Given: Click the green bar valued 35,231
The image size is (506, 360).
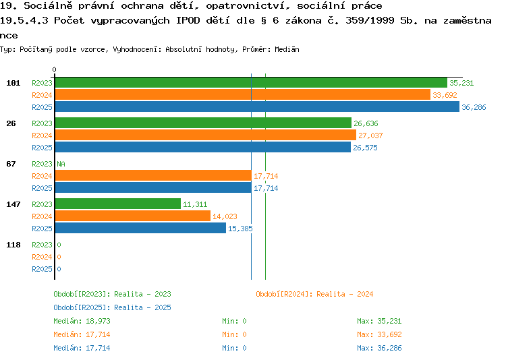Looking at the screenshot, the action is [251, 83].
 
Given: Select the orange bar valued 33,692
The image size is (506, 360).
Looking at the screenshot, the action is [243, 95].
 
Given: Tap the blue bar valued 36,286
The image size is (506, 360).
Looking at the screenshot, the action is [257, 107].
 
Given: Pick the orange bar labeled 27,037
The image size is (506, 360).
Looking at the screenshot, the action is [206, 135].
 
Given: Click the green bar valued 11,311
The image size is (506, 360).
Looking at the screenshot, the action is [118, 204].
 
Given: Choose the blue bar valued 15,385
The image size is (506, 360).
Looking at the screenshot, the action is [141, 228].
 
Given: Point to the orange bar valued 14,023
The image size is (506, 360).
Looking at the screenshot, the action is [133, 216].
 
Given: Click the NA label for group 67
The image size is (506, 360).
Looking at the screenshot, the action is [61, 164].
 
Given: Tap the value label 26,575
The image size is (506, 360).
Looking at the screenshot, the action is [365, 148].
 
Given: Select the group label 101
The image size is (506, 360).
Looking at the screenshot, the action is [13, 83].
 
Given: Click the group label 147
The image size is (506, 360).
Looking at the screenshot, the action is [13, 204].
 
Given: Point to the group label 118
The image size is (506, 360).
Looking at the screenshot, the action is [13, 245].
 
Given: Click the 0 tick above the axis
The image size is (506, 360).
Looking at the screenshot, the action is [54, 69].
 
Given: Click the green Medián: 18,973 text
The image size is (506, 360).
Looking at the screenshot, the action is [82, 321].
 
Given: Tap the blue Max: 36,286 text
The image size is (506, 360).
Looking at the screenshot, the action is [379, 348].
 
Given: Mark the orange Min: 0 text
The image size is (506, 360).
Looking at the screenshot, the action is [234, 334].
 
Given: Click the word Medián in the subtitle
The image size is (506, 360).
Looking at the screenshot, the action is [287, 49].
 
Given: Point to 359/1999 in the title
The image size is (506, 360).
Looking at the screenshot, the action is [370, 21].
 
